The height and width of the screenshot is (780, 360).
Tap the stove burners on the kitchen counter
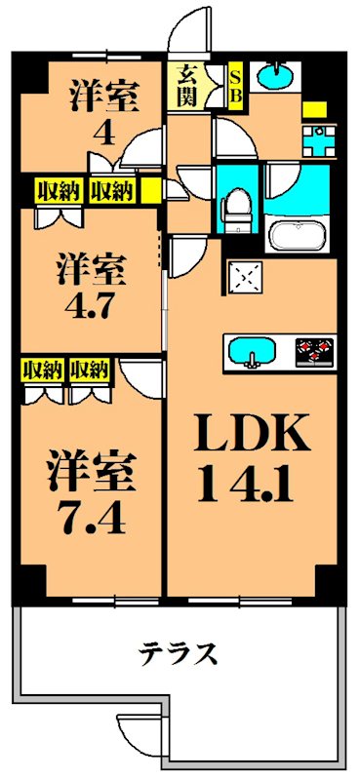point(314,348)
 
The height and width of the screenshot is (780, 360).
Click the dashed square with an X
point(243,277)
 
